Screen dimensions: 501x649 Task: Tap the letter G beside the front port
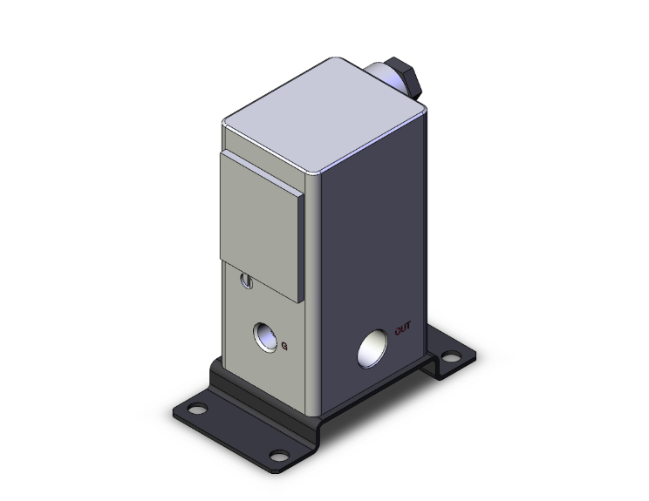[284, 346]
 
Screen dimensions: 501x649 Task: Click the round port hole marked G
[263, 334]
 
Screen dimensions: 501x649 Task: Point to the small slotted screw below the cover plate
[247, 281]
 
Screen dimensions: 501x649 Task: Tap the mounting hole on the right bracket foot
[450, 356]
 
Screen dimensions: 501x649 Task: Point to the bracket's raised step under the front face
[262, 400]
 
